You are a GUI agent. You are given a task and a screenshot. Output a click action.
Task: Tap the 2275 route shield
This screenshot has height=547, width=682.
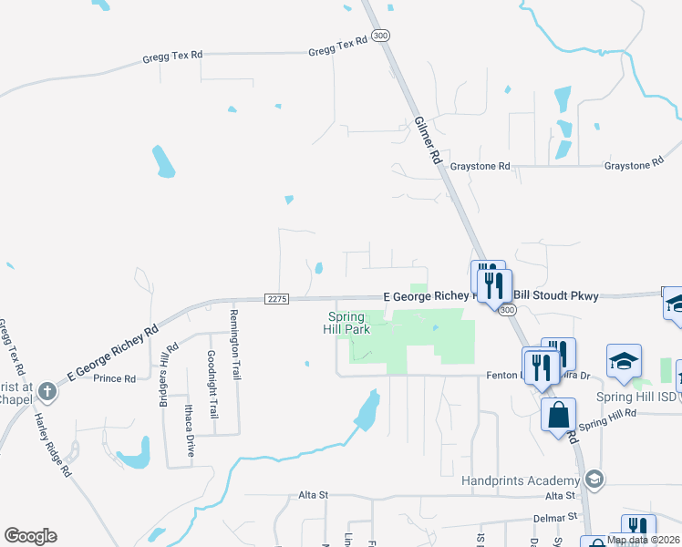pos(278,298)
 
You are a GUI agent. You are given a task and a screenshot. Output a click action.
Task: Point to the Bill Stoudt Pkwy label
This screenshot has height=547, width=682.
pos(553,295)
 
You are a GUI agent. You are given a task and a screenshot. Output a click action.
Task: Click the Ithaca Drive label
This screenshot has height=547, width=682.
pos(190,429)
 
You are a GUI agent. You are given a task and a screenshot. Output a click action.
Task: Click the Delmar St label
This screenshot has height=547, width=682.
pos(557,517)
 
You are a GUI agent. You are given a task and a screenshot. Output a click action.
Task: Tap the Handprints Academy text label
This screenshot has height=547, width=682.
pos(521,480)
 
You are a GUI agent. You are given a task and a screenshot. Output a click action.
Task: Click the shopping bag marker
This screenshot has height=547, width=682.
pos(558,415)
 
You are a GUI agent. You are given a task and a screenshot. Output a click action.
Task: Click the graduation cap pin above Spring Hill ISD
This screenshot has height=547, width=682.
pos(625,361)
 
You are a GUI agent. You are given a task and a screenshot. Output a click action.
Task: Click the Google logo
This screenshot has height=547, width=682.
pos(30,536)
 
